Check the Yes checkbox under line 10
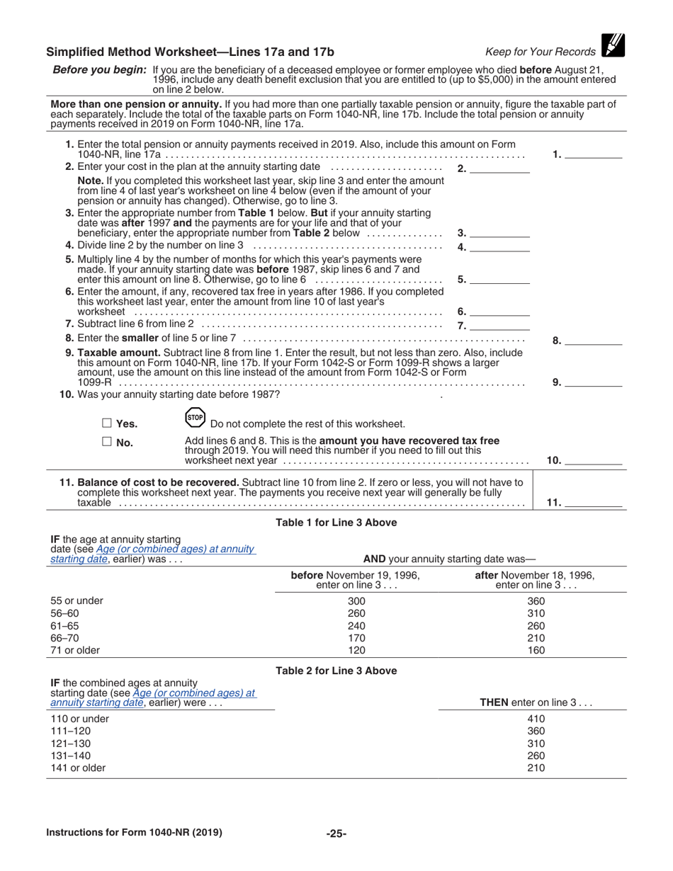tap(107, 423)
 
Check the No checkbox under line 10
tap(107, 442)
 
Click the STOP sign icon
tap(195, 418)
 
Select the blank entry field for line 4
tap(499, 247)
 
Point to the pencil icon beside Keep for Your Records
tap(613, 46)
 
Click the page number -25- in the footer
tap(336, 833)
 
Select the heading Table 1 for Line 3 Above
tap(336, 523)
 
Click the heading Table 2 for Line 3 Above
tap(336, 671)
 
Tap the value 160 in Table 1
tap(537, 650)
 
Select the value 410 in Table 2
tap(537, 719)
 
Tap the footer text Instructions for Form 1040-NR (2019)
tap(134, 833)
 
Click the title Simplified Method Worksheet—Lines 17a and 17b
tap(190, 52)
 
